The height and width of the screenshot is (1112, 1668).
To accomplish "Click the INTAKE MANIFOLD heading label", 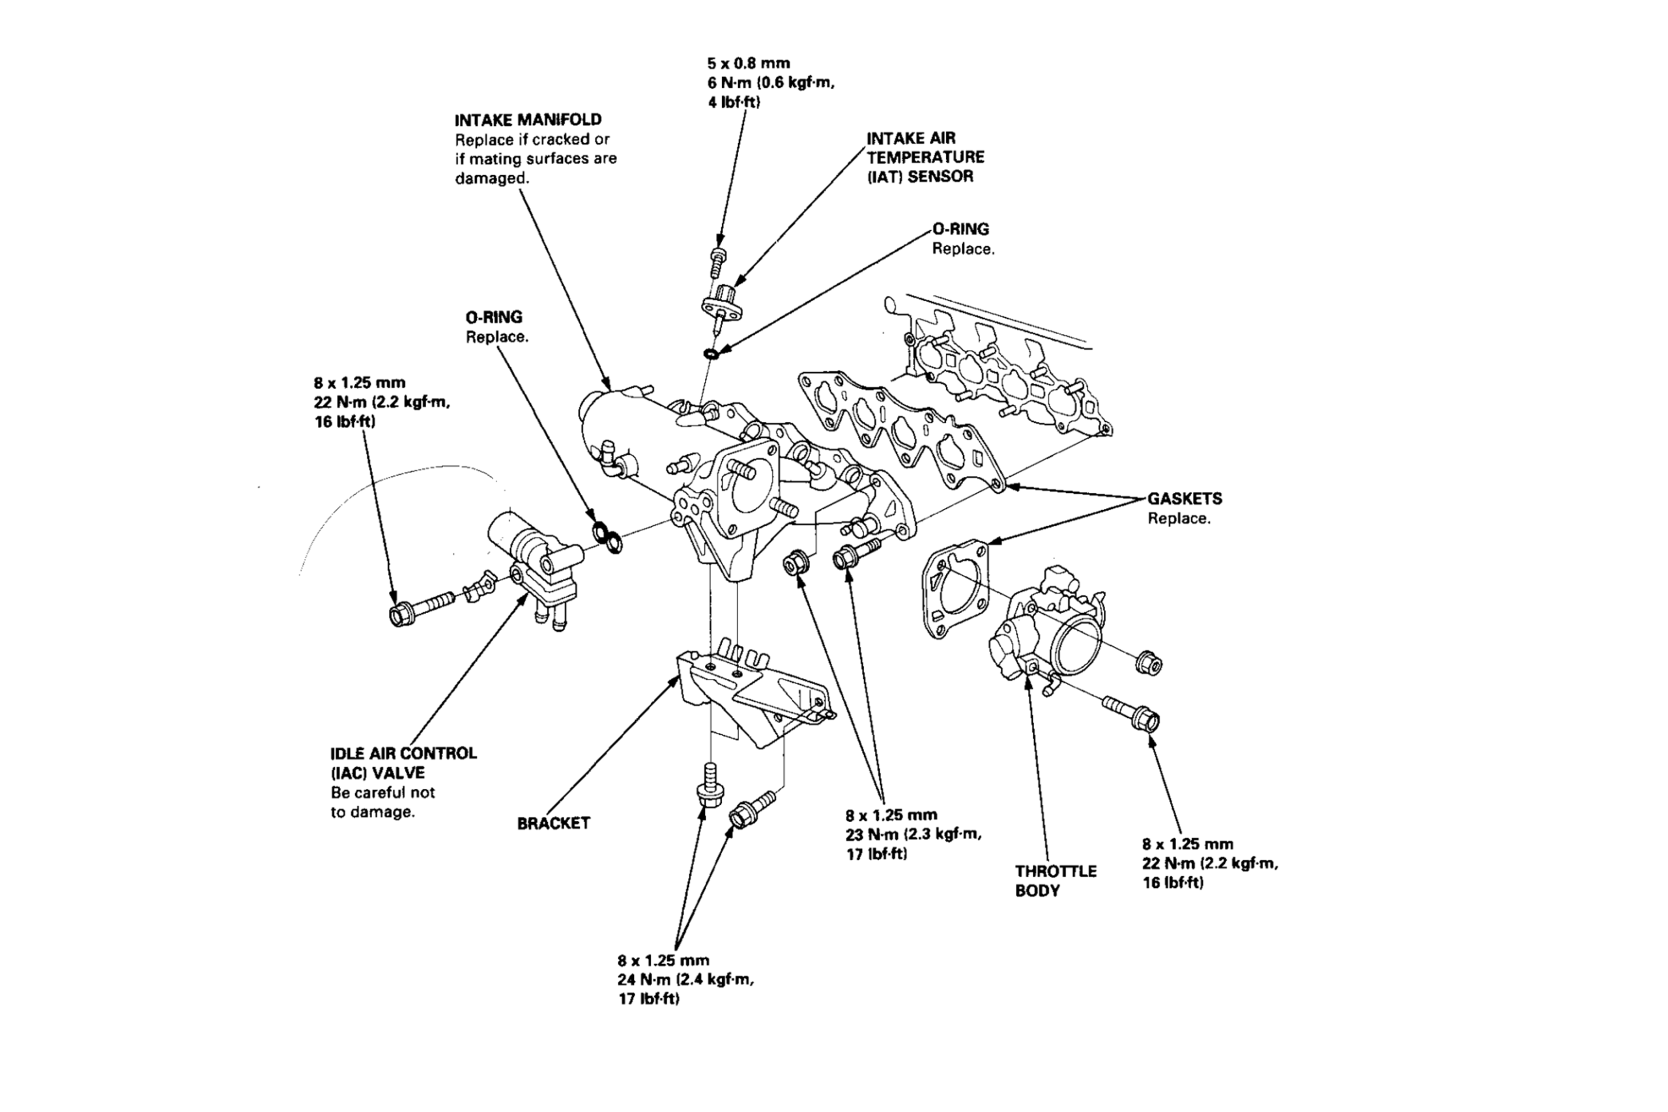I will tap(528, 120).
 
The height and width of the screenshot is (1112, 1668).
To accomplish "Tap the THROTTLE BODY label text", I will tap(1056, 880).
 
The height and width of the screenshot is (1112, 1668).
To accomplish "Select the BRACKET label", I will tap(553, 823).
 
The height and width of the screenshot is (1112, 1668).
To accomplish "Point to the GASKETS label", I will tap(1185, 498).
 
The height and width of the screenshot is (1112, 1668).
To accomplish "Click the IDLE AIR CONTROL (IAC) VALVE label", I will tap(403, 763).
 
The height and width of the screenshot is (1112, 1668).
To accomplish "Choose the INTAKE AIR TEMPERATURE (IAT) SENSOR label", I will tap(925, 157).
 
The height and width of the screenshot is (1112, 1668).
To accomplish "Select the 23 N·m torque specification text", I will tap(913, 834).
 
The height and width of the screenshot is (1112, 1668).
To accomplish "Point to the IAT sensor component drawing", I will tap(725, 302).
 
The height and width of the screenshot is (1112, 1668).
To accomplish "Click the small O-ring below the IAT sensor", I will tap(710, 352).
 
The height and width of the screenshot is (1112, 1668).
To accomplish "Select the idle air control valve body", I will tap(532, 560).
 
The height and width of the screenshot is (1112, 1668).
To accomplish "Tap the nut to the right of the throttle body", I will tap(1148, 664).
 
